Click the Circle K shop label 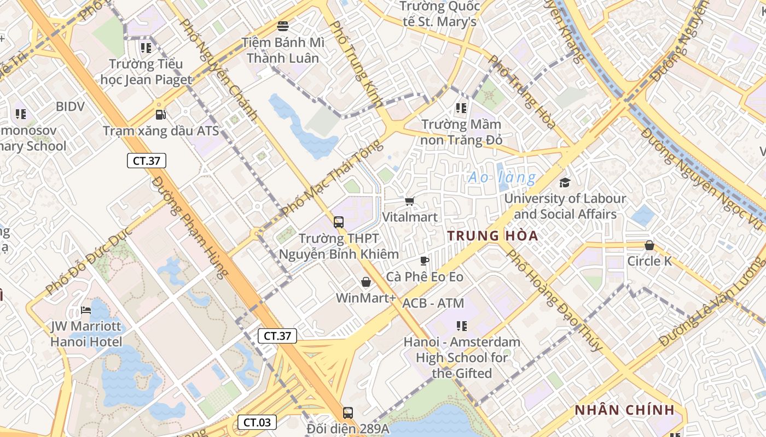tap(649, 261)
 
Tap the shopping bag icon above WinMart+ tap(366, 282)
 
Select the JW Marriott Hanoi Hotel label tap(86, 334)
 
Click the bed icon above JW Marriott tap(86, 310)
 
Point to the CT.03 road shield tap(257, 422)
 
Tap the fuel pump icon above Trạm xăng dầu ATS tap(160, 114)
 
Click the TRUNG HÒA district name tap(492, 236)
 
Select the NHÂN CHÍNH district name tap(624, 410)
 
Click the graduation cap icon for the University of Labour tap(565, 182)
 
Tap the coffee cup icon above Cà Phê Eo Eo tap(425, 261)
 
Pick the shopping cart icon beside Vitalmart tap(410, 201)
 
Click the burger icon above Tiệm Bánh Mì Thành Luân tap(283, 26)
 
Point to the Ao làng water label tap(502, 178)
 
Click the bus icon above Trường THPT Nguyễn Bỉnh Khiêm tap(339, 222)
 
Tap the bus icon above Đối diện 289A tap(347, 413)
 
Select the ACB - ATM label tap(433, 303)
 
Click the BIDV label tap(70, 107)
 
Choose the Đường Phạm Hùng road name tap(189, 227)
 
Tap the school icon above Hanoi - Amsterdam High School tap(462, 326)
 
